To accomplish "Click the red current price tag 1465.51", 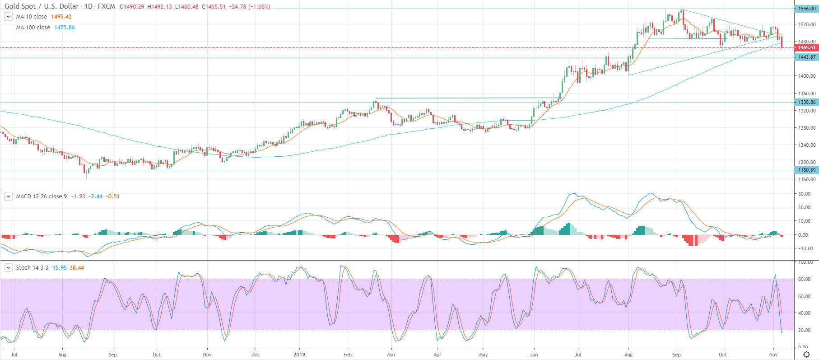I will pyautogui.click(x=806, y=47).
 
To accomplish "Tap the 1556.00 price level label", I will pyautogui.click(x=806, y=9).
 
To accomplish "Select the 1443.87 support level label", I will pyautogui.click(x=806, y=57).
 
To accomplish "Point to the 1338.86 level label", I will pyautogui.click(x=806, y=103).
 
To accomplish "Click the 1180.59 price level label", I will pyautogui.click(x=806, y=170).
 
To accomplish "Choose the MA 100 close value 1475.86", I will pyautogui.click(x=65, y=28).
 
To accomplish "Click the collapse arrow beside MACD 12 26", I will pyautogui.click(x=8, y=196).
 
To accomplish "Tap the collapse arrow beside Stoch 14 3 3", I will pyautogui.click(x=8, y=268).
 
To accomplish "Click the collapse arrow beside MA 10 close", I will pyautogui.click(x=8, y=17).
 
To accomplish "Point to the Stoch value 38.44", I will pyautogui.click(x=77, y=268).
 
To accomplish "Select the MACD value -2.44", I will pyautogui.click(x=95, y=196).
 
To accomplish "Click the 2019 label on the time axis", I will pyautogui.click(x=299, y=355).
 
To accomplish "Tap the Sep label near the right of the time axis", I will pyautogui.click(x=676, y=355).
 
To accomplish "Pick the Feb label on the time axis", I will pyautogui.click(x=347, y=355).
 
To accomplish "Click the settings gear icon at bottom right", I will pyautogui.click(x=806, y=355).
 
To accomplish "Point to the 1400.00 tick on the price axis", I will pyautogui.click(x=806, y=76).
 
